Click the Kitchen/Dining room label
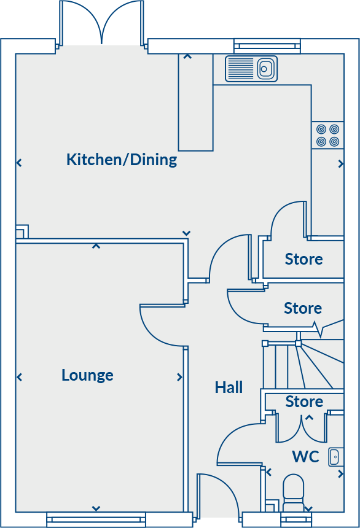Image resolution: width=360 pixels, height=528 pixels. (122, 160)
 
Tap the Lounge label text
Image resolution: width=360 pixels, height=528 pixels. (87, 375)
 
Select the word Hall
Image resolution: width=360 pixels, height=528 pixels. (229, 387)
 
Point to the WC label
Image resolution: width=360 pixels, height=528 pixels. (305, 457)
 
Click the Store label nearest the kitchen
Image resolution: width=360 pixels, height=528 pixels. (303, 259)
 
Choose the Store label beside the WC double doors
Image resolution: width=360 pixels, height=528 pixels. (304, 402)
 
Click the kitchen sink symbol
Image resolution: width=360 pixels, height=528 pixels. (251, 69)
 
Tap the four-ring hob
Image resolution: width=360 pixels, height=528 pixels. (327, 136)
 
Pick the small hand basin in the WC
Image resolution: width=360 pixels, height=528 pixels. (335, 456)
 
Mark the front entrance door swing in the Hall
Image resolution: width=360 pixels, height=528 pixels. (218, 494)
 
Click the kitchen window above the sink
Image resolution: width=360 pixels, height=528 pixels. (267, 46)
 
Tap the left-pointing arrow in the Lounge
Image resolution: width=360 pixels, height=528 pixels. (19, 377)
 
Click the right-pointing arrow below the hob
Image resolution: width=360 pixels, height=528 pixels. (341, 164)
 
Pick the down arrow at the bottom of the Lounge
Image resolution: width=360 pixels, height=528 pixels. (96, 508)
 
